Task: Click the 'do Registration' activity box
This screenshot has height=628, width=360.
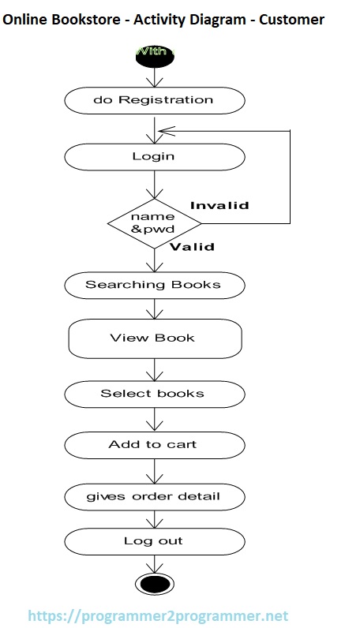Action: (153, 100)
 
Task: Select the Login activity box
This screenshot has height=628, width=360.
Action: (153, 156)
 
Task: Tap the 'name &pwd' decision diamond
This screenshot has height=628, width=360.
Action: (153, 223)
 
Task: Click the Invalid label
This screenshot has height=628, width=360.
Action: (219, 205)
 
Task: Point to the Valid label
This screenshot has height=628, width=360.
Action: (192, 246)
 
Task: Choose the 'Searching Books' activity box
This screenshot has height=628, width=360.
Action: (153, 284)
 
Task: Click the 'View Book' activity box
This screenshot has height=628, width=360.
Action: (155, 338)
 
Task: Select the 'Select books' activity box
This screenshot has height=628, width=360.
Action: (153, 393)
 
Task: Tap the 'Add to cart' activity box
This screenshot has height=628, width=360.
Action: (153, 444)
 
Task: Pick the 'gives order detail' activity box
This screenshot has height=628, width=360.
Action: (153, 496)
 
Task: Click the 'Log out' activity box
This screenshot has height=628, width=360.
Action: (153, 541)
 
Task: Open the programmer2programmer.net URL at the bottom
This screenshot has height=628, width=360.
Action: (159, 615)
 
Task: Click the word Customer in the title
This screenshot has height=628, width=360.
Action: (293, 20)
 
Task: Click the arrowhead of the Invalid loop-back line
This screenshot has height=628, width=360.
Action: (162, 131)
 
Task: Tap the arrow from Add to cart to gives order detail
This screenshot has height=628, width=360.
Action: (153, 471)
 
